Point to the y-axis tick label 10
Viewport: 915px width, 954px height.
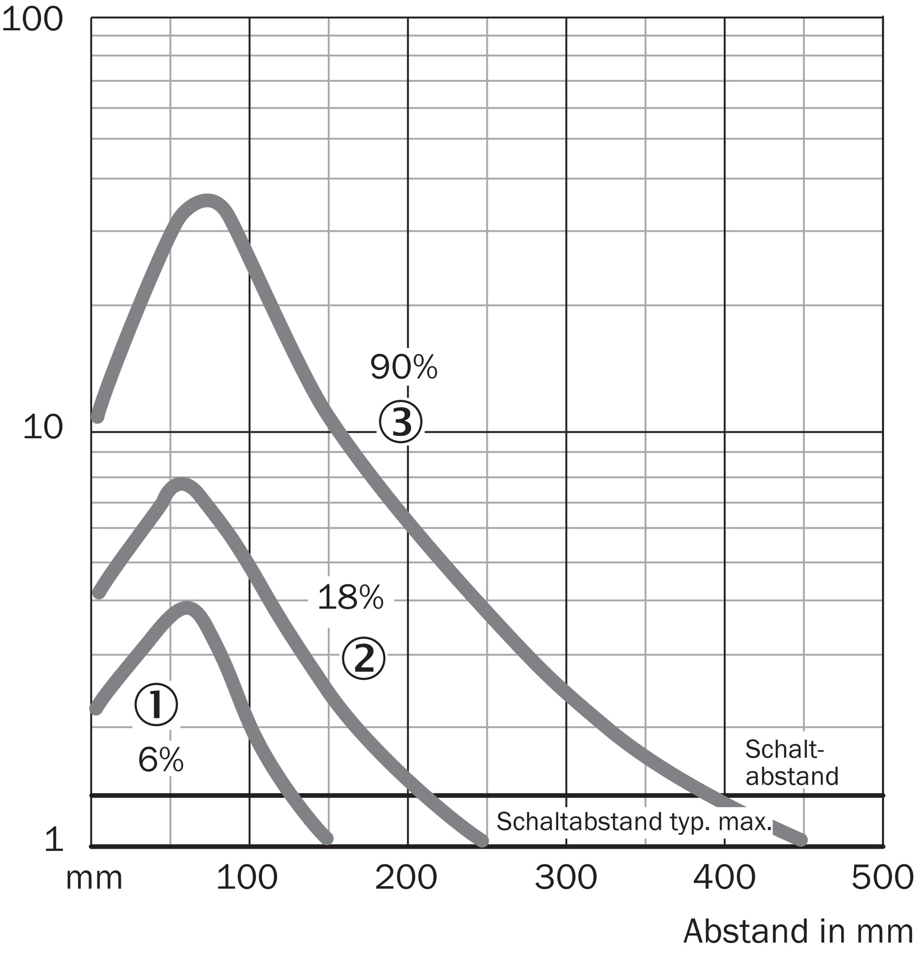43,428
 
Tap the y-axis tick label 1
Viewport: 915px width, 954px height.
54,854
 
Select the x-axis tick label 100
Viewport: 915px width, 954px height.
247,879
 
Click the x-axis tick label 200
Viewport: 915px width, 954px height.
406,879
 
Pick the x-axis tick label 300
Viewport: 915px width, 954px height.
566,879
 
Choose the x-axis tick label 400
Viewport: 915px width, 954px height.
724,879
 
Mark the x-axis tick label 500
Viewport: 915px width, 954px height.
883,879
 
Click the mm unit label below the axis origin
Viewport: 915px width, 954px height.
94,879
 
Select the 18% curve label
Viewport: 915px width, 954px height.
350,598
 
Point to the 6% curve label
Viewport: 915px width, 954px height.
161,760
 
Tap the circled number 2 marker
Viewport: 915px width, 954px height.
363,659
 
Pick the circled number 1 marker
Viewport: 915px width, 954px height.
156,704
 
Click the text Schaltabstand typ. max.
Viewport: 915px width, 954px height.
634,822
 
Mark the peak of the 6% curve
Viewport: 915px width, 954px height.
187,608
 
